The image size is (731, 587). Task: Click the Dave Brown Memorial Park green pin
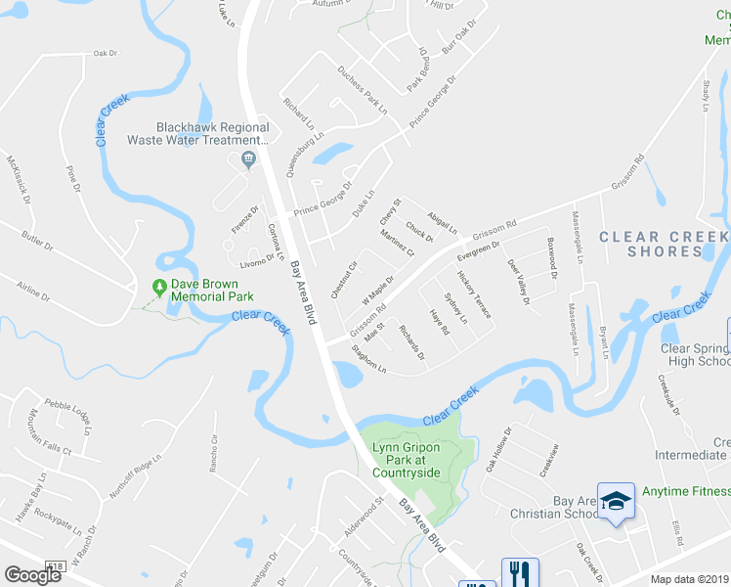[x=159, y=287]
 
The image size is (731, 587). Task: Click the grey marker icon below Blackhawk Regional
[x=248, y=158]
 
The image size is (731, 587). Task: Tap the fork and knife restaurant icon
[x=517, y=571]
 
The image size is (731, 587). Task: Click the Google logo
[x=32, y=575]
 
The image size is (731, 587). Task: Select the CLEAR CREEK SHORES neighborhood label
[x=664, y=244]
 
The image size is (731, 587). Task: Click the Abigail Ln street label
[x=442, y=221]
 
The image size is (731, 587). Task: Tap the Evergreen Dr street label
[x=479, y=249]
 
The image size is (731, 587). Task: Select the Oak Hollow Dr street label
[x=498, y=450]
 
